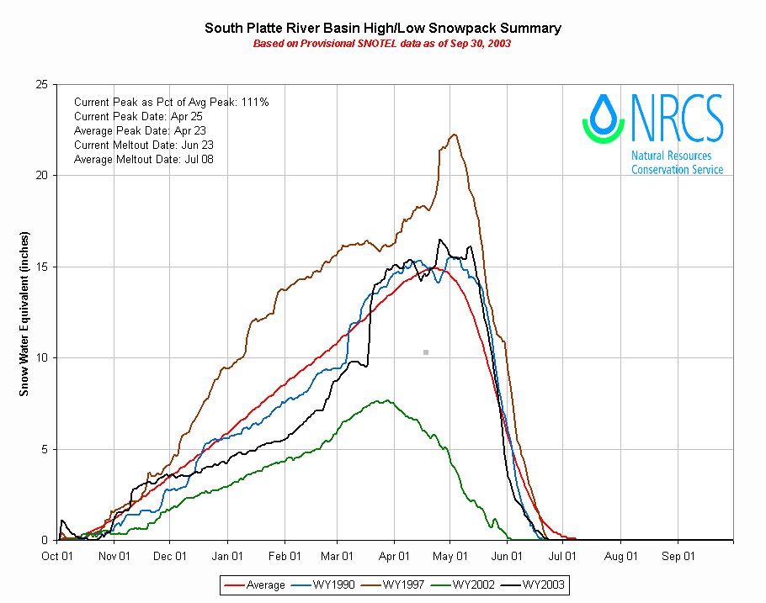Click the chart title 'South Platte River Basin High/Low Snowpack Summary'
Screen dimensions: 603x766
coord(383,29)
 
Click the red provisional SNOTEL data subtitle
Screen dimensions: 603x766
coord(382,43)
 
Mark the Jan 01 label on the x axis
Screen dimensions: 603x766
coord(227,556)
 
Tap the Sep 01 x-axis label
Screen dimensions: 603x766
coord(678,556)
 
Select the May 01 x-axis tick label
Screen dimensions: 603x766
coord(450,556)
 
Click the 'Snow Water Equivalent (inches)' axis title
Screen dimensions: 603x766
coord(25,312)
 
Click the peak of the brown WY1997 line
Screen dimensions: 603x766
coord(454,135)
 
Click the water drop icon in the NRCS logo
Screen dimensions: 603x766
coord(604,117)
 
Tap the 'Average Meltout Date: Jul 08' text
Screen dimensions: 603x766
coord(144,159)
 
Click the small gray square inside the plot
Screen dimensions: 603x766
coord(426,352)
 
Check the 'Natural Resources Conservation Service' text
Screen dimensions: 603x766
coord(677,162)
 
